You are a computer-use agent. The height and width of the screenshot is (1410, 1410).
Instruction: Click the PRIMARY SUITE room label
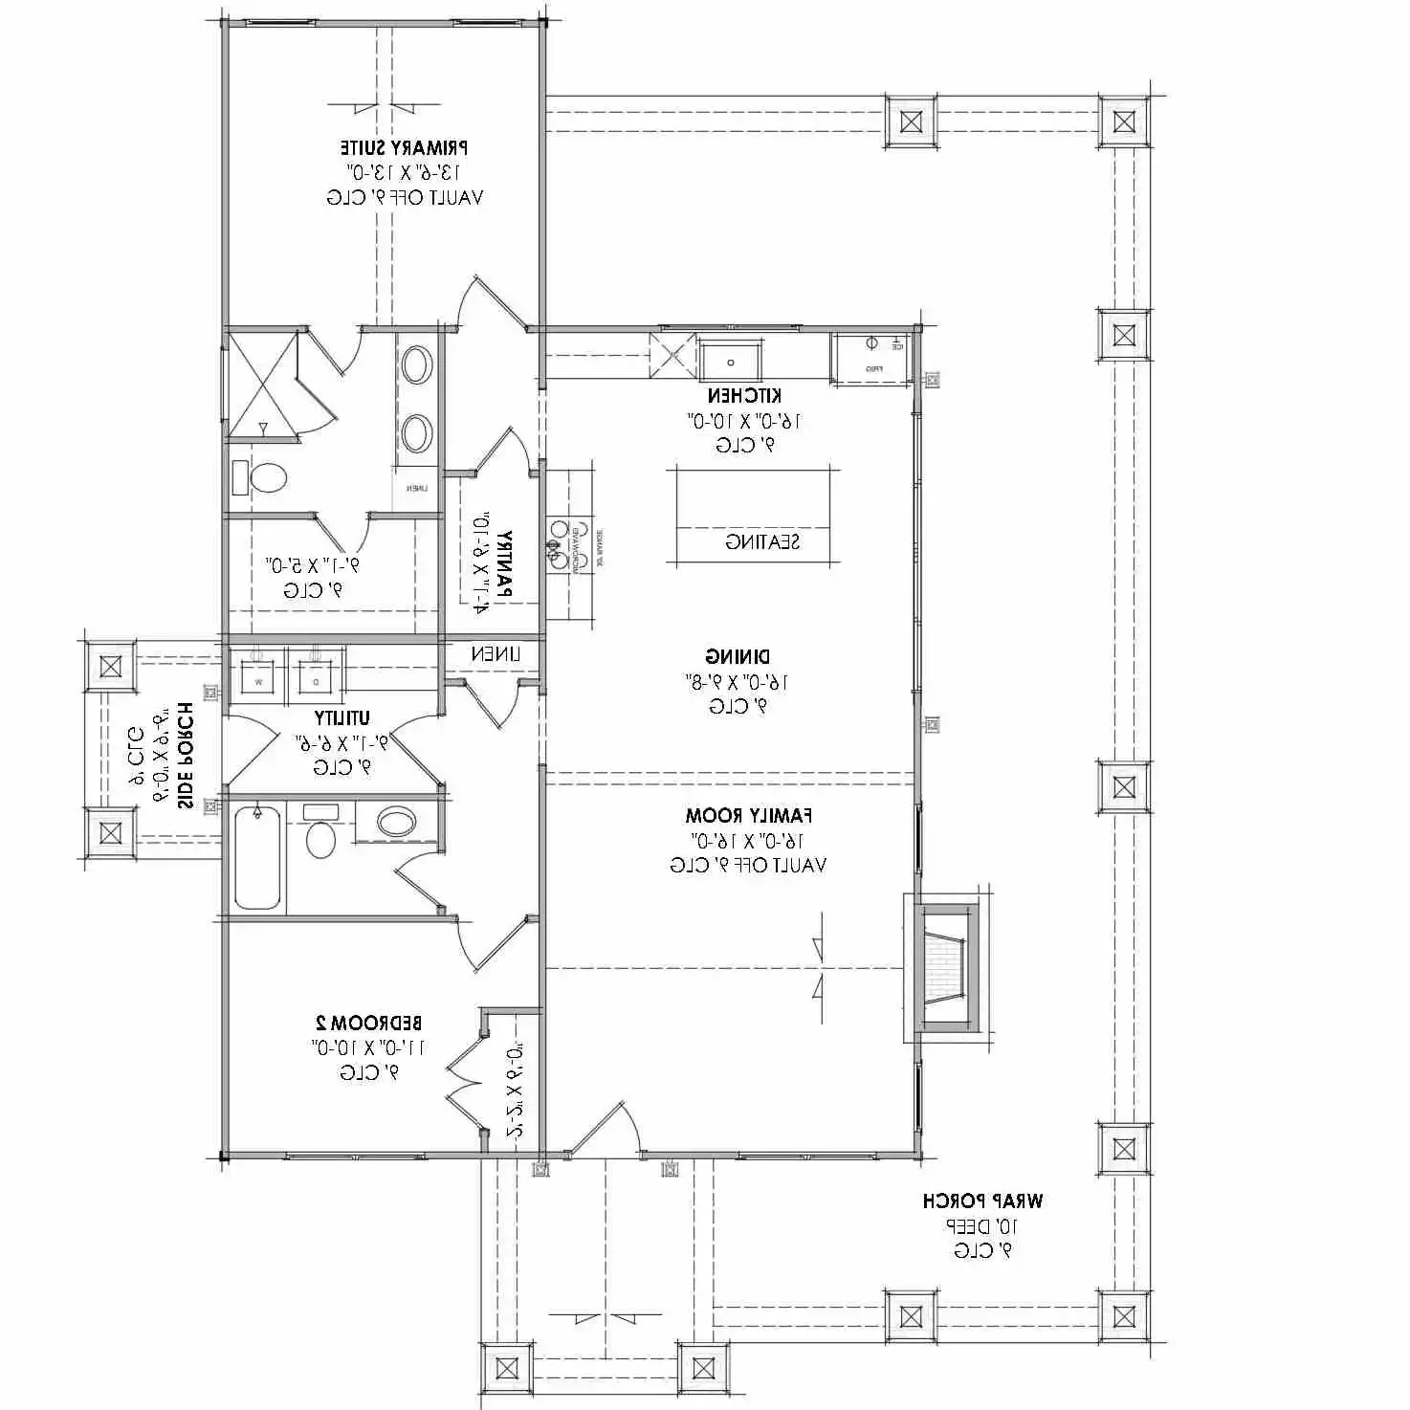404,147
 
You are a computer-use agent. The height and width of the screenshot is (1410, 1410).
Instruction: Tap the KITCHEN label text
744,395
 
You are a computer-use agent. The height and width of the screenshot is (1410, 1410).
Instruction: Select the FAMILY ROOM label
748,816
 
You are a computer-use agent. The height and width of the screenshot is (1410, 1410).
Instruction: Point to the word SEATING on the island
761,542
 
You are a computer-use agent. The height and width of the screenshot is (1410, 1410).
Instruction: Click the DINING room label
738,656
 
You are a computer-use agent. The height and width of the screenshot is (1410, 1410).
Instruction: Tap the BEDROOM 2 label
368,1023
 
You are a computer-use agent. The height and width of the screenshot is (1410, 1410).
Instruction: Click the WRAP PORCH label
982,1201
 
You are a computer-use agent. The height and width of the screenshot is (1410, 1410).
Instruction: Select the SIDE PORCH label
185,756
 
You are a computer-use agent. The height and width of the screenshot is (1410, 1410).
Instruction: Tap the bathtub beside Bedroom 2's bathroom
257,856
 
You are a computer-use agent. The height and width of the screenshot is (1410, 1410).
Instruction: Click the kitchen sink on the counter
730,362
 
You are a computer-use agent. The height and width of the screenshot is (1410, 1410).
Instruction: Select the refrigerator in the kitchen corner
870,358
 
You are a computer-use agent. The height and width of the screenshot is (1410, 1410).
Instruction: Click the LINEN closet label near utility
495,654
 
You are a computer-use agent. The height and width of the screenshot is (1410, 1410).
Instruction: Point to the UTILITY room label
341,717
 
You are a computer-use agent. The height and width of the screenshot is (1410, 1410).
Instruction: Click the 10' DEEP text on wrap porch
982,1225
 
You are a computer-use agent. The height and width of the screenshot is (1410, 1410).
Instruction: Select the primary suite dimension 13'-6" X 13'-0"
404,172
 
